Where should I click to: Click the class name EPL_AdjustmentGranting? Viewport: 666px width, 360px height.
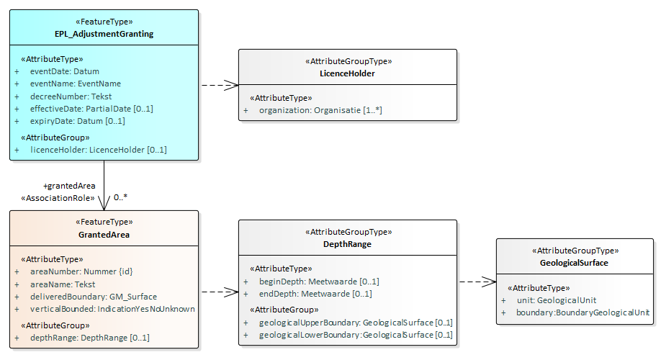[104, 34]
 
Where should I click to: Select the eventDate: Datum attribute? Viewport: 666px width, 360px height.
[64, 71]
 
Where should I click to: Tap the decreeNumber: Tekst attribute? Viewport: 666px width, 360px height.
[71, 96]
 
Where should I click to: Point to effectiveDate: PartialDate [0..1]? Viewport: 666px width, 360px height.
[91, 109]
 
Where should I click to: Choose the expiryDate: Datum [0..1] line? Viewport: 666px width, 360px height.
[77, 121]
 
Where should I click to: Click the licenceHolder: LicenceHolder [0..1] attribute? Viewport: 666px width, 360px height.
[98, 150]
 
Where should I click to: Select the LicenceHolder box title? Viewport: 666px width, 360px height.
[347, 73]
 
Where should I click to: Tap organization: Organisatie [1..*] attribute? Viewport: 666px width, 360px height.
[320, 110]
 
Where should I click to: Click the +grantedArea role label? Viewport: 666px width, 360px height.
[69, 186]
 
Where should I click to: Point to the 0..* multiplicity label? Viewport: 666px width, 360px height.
[120, 197]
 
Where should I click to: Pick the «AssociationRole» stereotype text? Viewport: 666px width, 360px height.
[58, 198]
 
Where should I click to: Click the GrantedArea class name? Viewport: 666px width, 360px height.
[104, 235]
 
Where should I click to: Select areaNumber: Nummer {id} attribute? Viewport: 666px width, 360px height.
[81, 271]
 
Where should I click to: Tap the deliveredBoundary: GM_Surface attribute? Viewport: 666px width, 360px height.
[93, 297]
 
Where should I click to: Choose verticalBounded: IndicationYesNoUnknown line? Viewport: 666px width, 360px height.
[112, 309]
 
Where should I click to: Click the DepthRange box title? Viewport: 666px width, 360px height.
[347, 244]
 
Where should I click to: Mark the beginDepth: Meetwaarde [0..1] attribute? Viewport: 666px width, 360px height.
[318, 282]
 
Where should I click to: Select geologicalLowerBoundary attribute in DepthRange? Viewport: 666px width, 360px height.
[356, 335]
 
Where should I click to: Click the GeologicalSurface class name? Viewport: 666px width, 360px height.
[574, 263]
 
